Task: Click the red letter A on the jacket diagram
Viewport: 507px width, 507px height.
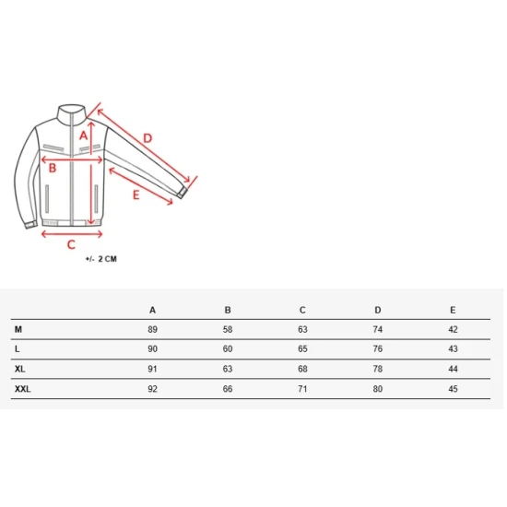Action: (x=83, y=136)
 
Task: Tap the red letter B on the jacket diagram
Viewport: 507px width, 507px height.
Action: (x=53, y=168)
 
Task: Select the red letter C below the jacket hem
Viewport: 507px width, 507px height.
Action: (x=71, y=244)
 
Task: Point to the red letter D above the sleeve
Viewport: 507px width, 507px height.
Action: (x=147, y=138)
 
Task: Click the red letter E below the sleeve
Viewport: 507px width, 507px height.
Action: (x=136, y=195)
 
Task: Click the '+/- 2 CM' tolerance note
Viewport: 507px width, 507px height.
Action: (x=100, y=259)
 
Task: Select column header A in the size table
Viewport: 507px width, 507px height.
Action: (x=153, y=310)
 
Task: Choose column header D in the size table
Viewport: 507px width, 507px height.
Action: (x=378, y=310)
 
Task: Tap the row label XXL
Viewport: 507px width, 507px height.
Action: (x=22, y=389)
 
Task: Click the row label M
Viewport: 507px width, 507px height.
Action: (x=18, y=329)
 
